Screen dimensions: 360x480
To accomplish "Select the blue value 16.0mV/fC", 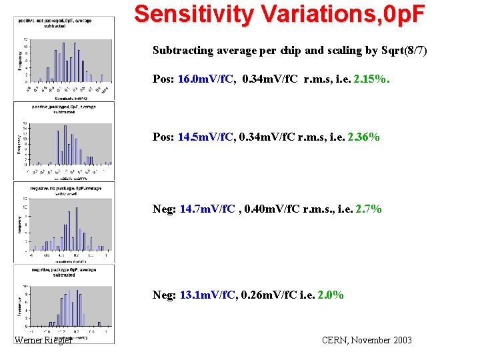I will [x=205, y=80].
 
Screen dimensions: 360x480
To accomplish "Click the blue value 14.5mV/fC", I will [x=205, y=137].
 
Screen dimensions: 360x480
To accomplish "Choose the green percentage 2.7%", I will [x=368, y=209].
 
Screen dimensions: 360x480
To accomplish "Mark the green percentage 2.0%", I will [x=331, y=295].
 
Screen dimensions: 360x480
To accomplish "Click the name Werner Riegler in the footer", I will [x=43, y=341].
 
